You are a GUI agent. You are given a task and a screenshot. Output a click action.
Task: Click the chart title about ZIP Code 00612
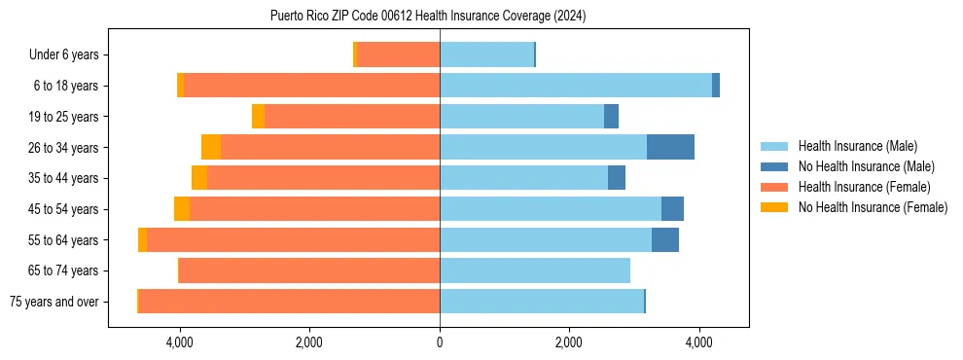pos(428,17)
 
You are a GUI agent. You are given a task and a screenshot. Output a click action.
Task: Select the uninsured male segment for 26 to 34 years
pos(670,147)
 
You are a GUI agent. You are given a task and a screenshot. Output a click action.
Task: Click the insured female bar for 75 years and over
pos(289,301)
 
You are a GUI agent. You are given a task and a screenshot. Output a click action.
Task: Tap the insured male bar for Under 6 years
pos(486,54)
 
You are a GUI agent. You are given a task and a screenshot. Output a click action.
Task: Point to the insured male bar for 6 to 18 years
pos(576,86)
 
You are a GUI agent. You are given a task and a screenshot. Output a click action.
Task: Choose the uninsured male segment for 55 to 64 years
pos(665,239)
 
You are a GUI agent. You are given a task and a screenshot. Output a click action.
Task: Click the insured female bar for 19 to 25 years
pos(352,117)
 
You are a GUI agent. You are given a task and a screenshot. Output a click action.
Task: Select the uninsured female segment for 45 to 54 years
pos(182,208)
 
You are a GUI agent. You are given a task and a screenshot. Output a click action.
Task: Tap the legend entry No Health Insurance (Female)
pos(873,207)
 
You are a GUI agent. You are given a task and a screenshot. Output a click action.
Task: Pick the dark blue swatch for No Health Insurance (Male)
pos(774,166)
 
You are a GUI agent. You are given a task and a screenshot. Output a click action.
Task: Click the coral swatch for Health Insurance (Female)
pos(774,187)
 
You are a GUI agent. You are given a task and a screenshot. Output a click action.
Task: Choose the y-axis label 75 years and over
pos(53,302)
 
